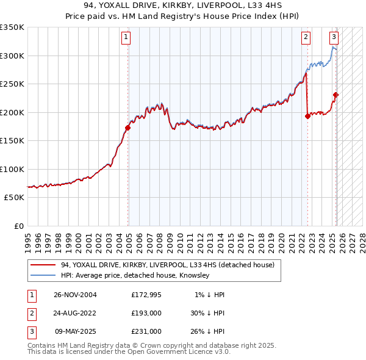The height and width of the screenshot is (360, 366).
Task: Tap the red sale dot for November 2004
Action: pos(127,128)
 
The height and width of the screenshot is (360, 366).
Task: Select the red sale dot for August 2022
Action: pos(307,117)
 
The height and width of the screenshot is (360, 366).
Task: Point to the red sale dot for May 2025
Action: pos(335,95)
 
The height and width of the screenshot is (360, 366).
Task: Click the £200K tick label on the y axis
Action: pos(12,112)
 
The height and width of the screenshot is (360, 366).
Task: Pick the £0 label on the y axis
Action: pos(18,226)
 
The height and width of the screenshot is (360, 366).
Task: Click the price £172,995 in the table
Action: pos(146,295)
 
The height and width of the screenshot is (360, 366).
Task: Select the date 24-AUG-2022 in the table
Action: pos(75,313)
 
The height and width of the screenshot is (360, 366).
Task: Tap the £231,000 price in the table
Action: pos(146,331)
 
